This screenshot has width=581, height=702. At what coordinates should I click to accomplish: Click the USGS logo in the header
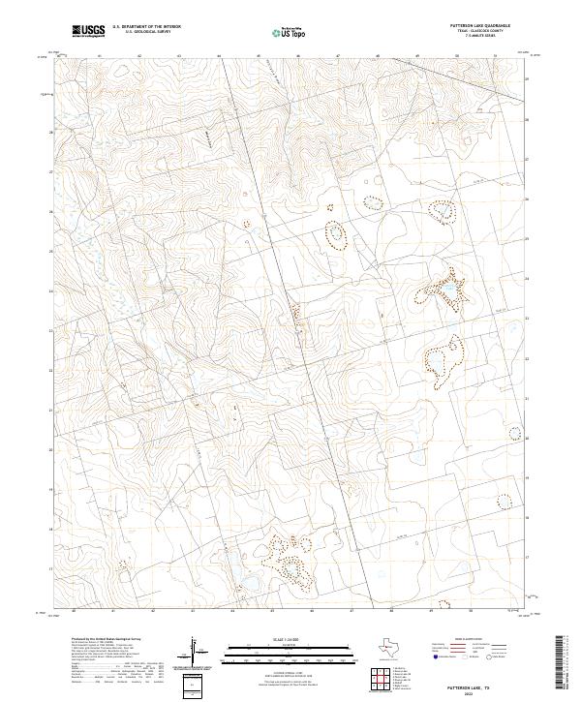pos(88,30)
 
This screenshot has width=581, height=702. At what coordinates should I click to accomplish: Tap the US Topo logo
pos(287,32)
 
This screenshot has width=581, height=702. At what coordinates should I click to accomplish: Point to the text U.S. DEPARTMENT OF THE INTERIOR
pos(146,27)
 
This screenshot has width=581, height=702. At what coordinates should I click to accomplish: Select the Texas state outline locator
pos(395,647)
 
